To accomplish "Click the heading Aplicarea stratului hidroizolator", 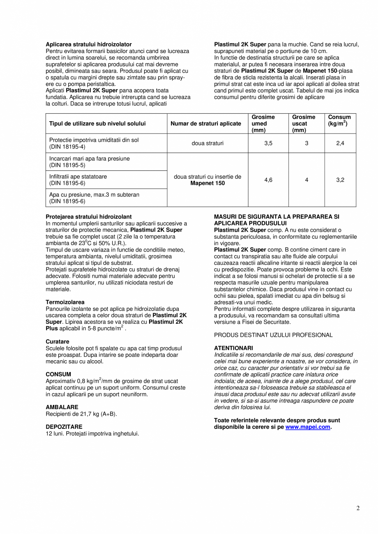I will tap(88, 44).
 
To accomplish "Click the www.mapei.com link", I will tap(308, 427).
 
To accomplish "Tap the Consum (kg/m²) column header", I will tap(339, 120).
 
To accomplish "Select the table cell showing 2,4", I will tap(340, 143).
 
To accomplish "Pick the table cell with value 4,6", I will tap(268, 180).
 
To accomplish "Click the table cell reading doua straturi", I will tap(207, 143).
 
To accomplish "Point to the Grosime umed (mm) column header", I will tap(263, 123).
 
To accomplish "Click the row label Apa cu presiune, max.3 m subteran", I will tap(94, 195).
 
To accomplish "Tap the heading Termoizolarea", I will tap(65, 302).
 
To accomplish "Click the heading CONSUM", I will tap(58, 374).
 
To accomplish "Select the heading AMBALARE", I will tap(62, 407).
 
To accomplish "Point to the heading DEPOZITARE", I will tap(64, 427).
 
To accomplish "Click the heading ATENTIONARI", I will tap(233, 348).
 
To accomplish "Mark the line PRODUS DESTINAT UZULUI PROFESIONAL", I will tap(273, 335).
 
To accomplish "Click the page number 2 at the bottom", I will tap(358, 508).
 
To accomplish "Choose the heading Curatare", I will tap(58, 341).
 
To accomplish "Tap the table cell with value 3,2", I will tap(340, 180).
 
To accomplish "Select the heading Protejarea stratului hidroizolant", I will tap(88, 216).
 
